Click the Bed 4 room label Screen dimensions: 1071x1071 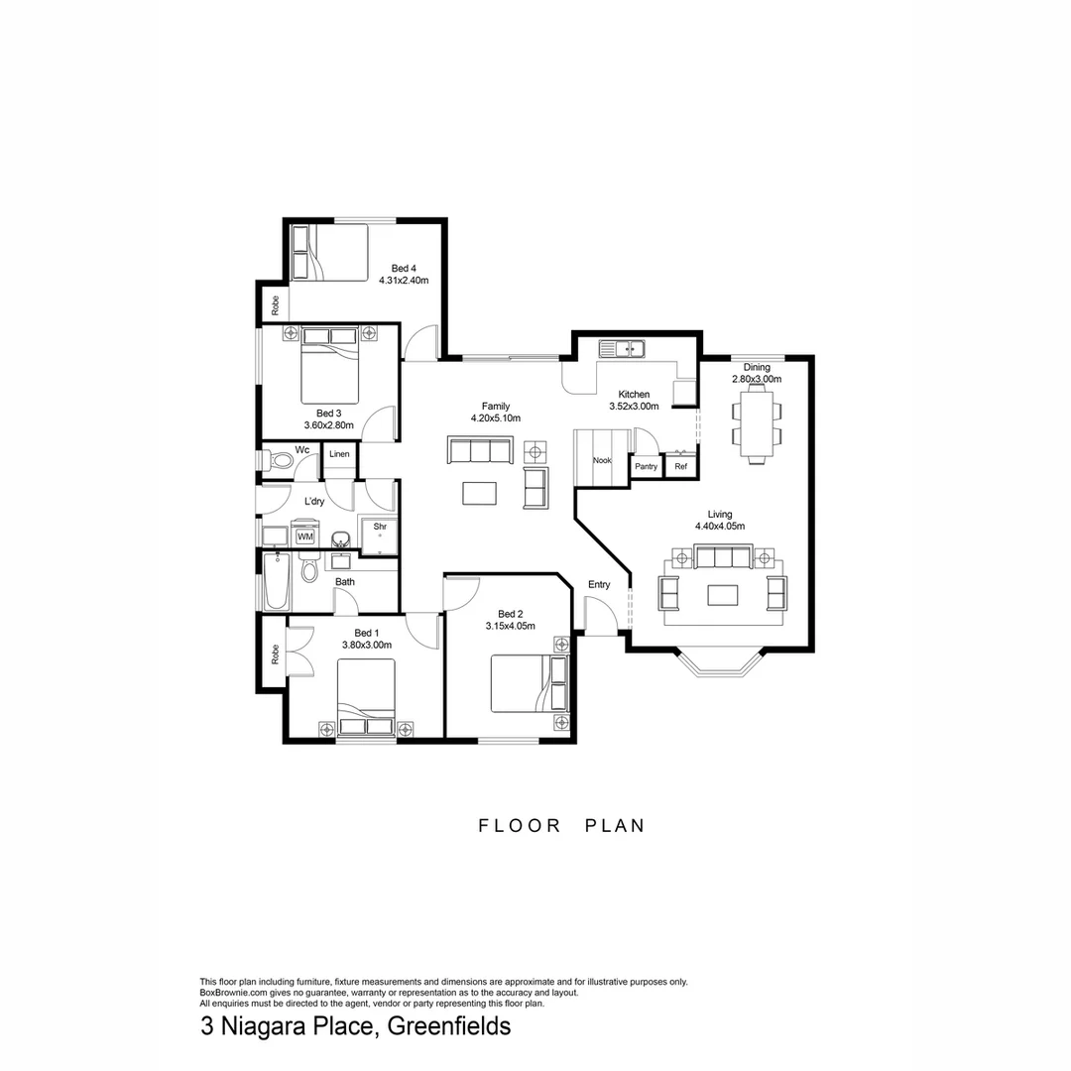point(402,268)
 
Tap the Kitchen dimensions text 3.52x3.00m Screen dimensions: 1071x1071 point(634,406)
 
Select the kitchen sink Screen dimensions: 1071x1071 point(622,348)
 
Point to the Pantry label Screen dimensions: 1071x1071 point(647,466)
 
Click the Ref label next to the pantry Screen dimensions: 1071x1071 point(680,466)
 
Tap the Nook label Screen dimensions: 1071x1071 point(602,460)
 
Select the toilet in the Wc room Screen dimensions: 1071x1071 point(281,460)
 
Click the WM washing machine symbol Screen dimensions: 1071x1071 point(305,536)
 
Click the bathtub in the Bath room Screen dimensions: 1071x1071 point(277,582)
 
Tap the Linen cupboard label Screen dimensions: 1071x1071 point(339,454)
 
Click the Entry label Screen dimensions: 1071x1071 point(599,585)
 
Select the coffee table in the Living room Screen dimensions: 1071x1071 point(722,594)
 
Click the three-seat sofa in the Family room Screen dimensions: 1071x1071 point(480,451)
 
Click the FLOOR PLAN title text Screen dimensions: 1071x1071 point(561,825)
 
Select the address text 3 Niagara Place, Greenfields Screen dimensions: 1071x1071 point(355,1025)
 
